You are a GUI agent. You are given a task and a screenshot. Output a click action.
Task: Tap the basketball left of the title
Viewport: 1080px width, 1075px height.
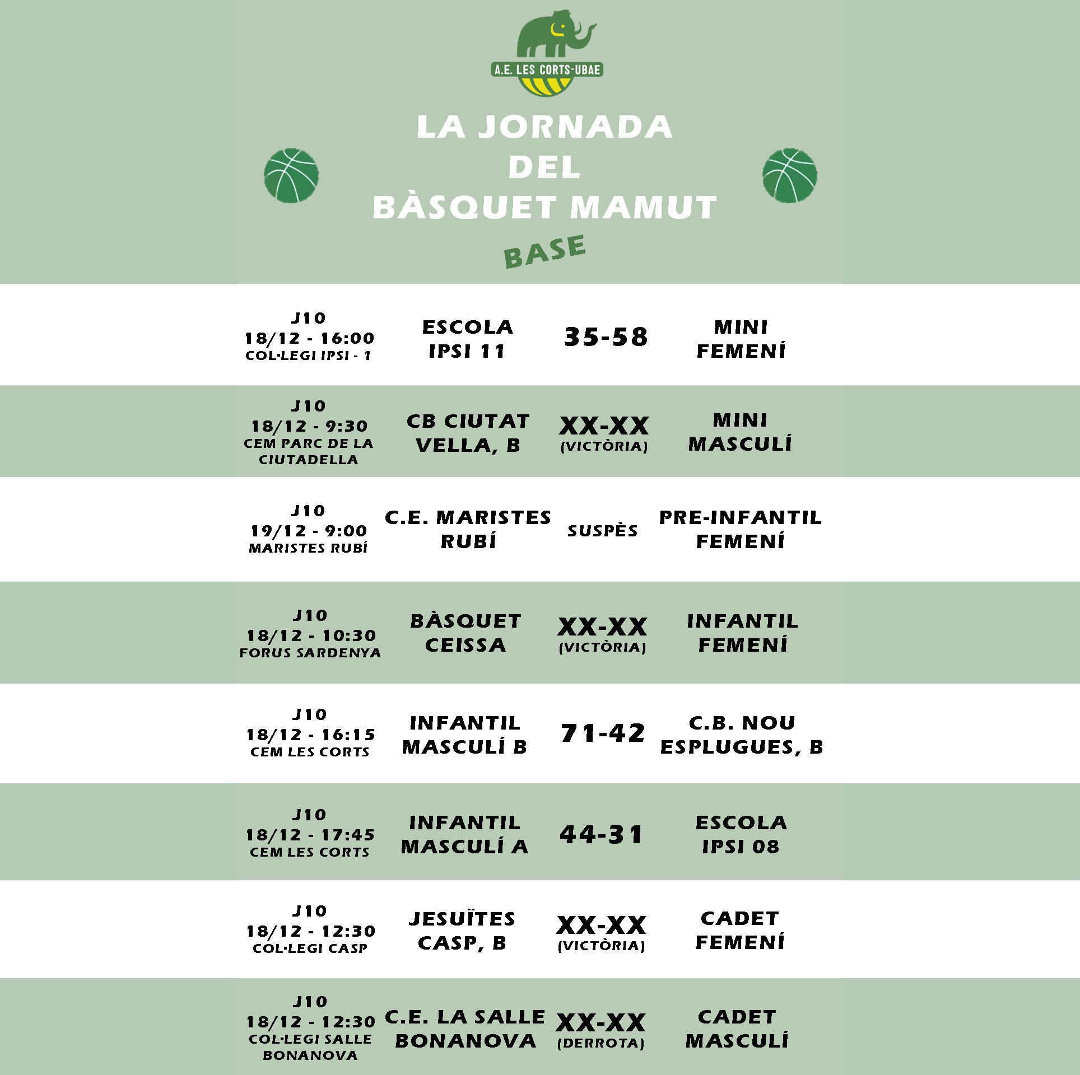tap(291, 175)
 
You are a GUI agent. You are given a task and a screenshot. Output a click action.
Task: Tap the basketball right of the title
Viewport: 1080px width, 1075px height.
tap(790, 175)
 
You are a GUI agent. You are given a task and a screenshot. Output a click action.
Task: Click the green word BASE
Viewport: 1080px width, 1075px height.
tap(544, 251)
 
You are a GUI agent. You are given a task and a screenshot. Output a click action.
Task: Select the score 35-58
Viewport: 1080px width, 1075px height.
tap(606, 337)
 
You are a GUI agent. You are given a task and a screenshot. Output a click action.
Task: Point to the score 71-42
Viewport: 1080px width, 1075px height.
tap(603, 733)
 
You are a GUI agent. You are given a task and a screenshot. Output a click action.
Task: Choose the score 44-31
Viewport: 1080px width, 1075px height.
tap(602, 834)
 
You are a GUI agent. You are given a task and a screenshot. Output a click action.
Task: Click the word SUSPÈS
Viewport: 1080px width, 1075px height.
tap(603, 531)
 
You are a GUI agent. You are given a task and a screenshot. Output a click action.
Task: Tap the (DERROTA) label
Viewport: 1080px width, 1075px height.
tap(601, 1043)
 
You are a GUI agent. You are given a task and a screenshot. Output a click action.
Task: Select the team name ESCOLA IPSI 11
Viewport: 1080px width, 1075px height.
tap(467, 339)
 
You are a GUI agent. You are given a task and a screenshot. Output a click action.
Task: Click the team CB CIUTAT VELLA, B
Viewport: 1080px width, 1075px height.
tap(468, 433)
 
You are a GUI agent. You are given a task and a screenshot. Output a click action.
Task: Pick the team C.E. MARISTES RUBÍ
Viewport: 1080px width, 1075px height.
tap(468, 529)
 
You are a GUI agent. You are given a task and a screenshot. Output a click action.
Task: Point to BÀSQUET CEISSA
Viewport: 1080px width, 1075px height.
tap(465, 633)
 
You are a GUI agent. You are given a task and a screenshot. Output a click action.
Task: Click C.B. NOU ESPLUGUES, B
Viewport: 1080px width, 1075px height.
tap(742, 735)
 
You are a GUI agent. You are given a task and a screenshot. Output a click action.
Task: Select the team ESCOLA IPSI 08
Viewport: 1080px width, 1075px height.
tap(741, 834)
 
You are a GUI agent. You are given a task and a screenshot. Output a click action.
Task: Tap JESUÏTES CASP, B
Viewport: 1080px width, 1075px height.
tap(462, 931)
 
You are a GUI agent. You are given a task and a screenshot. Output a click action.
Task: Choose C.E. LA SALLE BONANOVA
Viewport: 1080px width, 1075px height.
tap(465, 1029)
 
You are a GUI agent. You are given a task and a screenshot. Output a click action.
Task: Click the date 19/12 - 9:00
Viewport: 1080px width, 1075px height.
tap(309, 531)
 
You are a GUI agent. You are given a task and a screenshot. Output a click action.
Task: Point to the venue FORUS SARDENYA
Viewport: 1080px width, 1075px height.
tap(310, 653)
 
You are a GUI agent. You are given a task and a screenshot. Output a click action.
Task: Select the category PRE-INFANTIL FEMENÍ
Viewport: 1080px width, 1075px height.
tap(741, 529)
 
